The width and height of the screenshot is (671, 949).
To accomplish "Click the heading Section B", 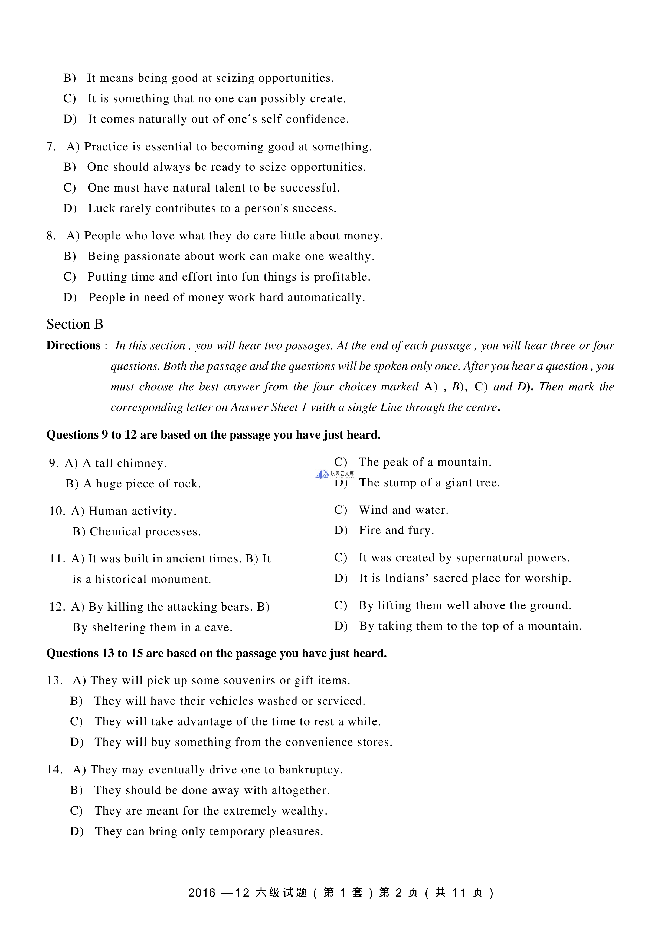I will tap(74, 324).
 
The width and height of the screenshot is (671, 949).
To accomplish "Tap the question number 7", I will tap(50, 147).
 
